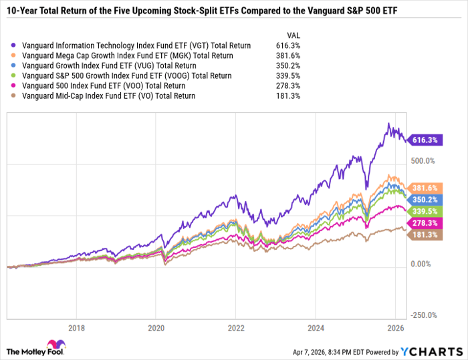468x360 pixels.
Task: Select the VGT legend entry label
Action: point(136,45)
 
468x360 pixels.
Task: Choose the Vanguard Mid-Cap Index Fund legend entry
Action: point(108,96)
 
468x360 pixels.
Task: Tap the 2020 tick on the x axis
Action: point(156,329)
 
